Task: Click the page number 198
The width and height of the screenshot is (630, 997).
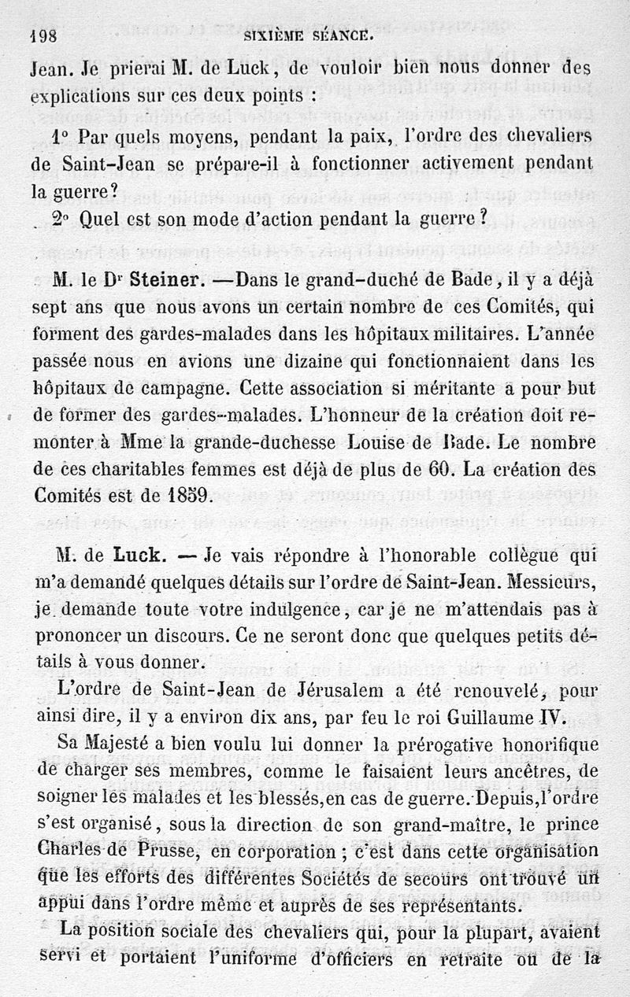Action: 47,35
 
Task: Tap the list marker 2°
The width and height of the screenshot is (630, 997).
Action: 64,221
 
